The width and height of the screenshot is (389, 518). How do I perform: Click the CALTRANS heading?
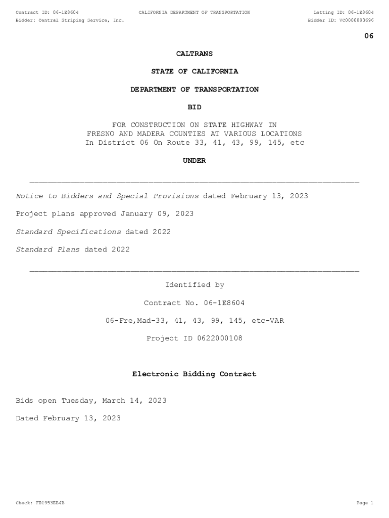click(x=194, y=54)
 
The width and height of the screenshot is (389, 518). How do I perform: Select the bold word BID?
click(x=194, y=107)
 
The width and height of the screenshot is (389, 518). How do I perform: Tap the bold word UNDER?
click(x=194, y=160)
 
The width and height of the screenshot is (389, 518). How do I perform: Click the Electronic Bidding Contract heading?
click(x=194, y=374)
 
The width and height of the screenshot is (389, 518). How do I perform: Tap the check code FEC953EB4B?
click(x=50, y=503)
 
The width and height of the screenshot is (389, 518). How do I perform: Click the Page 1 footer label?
click(x=365, y=503)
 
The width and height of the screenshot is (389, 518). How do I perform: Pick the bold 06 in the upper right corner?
click(x=369, y=36)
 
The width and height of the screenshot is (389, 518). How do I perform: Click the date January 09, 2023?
click(x=157, y=214)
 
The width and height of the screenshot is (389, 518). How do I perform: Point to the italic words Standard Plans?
click(x=48, y=249)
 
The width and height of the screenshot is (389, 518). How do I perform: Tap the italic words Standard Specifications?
click(x=69, y=232)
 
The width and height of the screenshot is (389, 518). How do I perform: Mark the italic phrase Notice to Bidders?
click(x=55, y=196)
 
